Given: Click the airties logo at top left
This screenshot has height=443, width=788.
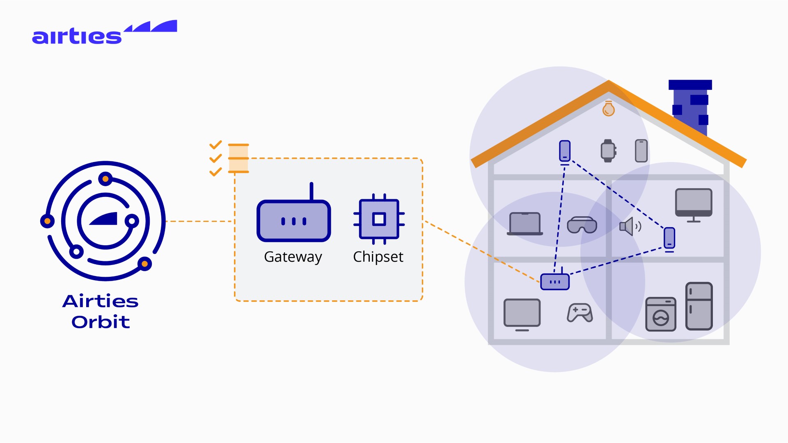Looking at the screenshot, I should pyautogui.click(x=104, y=33).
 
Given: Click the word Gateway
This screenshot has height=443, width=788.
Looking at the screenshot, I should pyautogui.click(x=293, y=257).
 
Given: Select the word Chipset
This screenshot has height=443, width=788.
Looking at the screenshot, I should pyautogui.click(x=378, y=257).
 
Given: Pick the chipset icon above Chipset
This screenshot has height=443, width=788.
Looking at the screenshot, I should pyautogui.click(x=379, y=219).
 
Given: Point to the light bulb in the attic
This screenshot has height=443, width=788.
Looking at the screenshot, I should pyautogui.click(x=608, y=109).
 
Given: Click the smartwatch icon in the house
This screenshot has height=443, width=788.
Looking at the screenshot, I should pyautogui.click(x=608, y=151).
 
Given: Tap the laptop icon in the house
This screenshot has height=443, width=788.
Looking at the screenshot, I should pyautogui.click(x=525, y=224).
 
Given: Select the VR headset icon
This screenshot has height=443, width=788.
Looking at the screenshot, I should pyautogui.click(x=582, y=225).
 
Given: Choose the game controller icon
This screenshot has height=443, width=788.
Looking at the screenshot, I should pyautogui.click(x=580, y=313).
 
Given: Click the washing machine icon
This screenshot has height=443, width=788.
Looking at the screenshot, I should pyautogui.click(x=660, y=314).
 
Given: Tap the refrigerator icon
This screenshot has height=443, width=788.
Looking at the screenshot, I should pyautogui.click(x=699, y=306).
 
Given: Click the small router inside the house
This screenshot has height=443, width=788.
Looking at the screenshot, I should pyautogui.click(x=555, y=281).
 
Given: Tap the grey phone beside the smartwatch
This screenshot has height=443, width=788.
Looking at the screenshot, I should pyautogui.click(x=641, y=151).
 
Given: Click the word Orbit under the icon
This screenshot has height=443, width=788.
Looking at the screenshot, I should pyautogui.click(x=101, y=322).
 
